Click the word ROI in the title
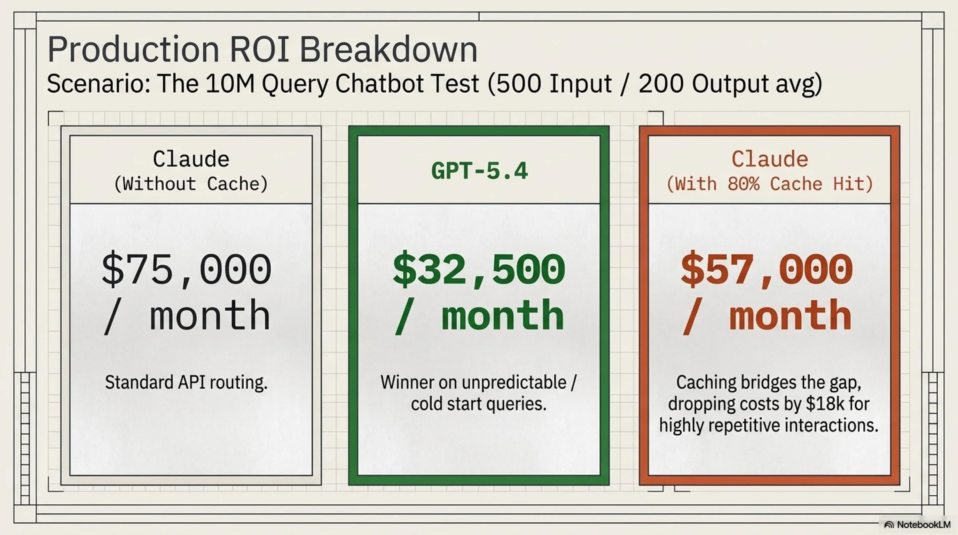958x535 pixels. [260, 49]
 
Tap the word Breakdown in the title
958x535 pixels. [388, 49]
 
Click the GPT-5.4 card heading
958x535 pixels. [479, 171]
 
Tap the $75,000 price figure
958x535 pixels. [187, 269]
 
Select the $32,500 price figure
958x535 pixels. [479, 269]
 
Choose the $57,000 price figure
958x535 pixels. [767, 269]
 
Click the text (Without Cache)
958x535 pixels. [191, 184]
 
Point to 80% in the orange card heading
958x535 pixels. [744, 184]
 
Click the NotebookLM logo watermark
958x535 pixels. [917, 525]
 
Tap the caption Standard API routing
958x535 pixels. [186, 382]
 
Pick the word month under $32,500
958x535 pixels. [503, 315]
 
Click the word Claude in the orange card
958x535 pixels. [770, 159]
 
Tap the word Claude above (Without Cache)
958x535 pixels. [191, 159]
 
